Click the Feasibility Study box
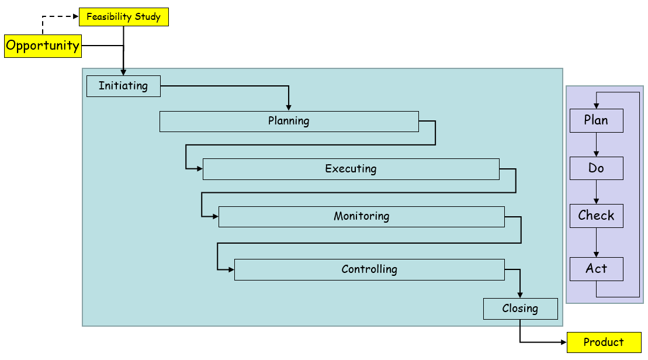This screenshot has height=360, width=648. click(x=123, y=17)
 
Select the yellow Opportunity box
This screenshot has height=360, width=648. click(x=43, y=46)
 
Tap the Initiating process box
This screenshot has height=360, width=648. click(x=123, y=86)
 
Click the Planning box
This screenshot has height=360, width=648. click(x=289, y=122)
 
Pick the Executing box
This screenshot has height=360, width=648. click(x=351, y=169)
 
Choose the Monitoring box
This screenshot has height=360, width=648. click(x=361, y=217)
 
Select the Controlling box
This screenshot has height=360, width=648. click(x=369, y=269)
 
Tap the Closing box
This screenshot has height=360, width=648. click(x=520, y=309)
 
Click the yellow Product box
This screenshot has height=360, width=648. click(x=604, y=342)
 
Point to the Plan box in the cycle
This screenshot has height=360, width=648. click(x=597, y=121)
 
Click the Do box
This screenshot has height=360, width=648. click(x=597, y=168)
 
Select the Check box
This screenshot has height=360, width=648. click(x=597, y=216)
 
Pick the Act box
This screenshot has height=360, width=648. click(x=597, y=269)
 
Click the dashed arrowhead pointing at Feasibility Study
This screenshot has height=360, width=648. click(x=76, y=16)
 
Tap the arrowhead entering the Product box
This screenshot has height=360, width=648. click(x=564, y=342)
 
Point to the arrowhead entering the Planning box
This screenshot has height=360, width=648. click(x=289, y=108)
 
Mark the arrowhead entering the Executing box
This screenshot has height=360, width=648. click(x=200, y=169)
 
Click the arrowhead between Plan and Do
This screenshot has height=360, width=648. click(x=597, y=154)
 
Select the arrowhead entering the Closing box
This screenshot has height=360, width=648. click(x=520, y=296)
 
